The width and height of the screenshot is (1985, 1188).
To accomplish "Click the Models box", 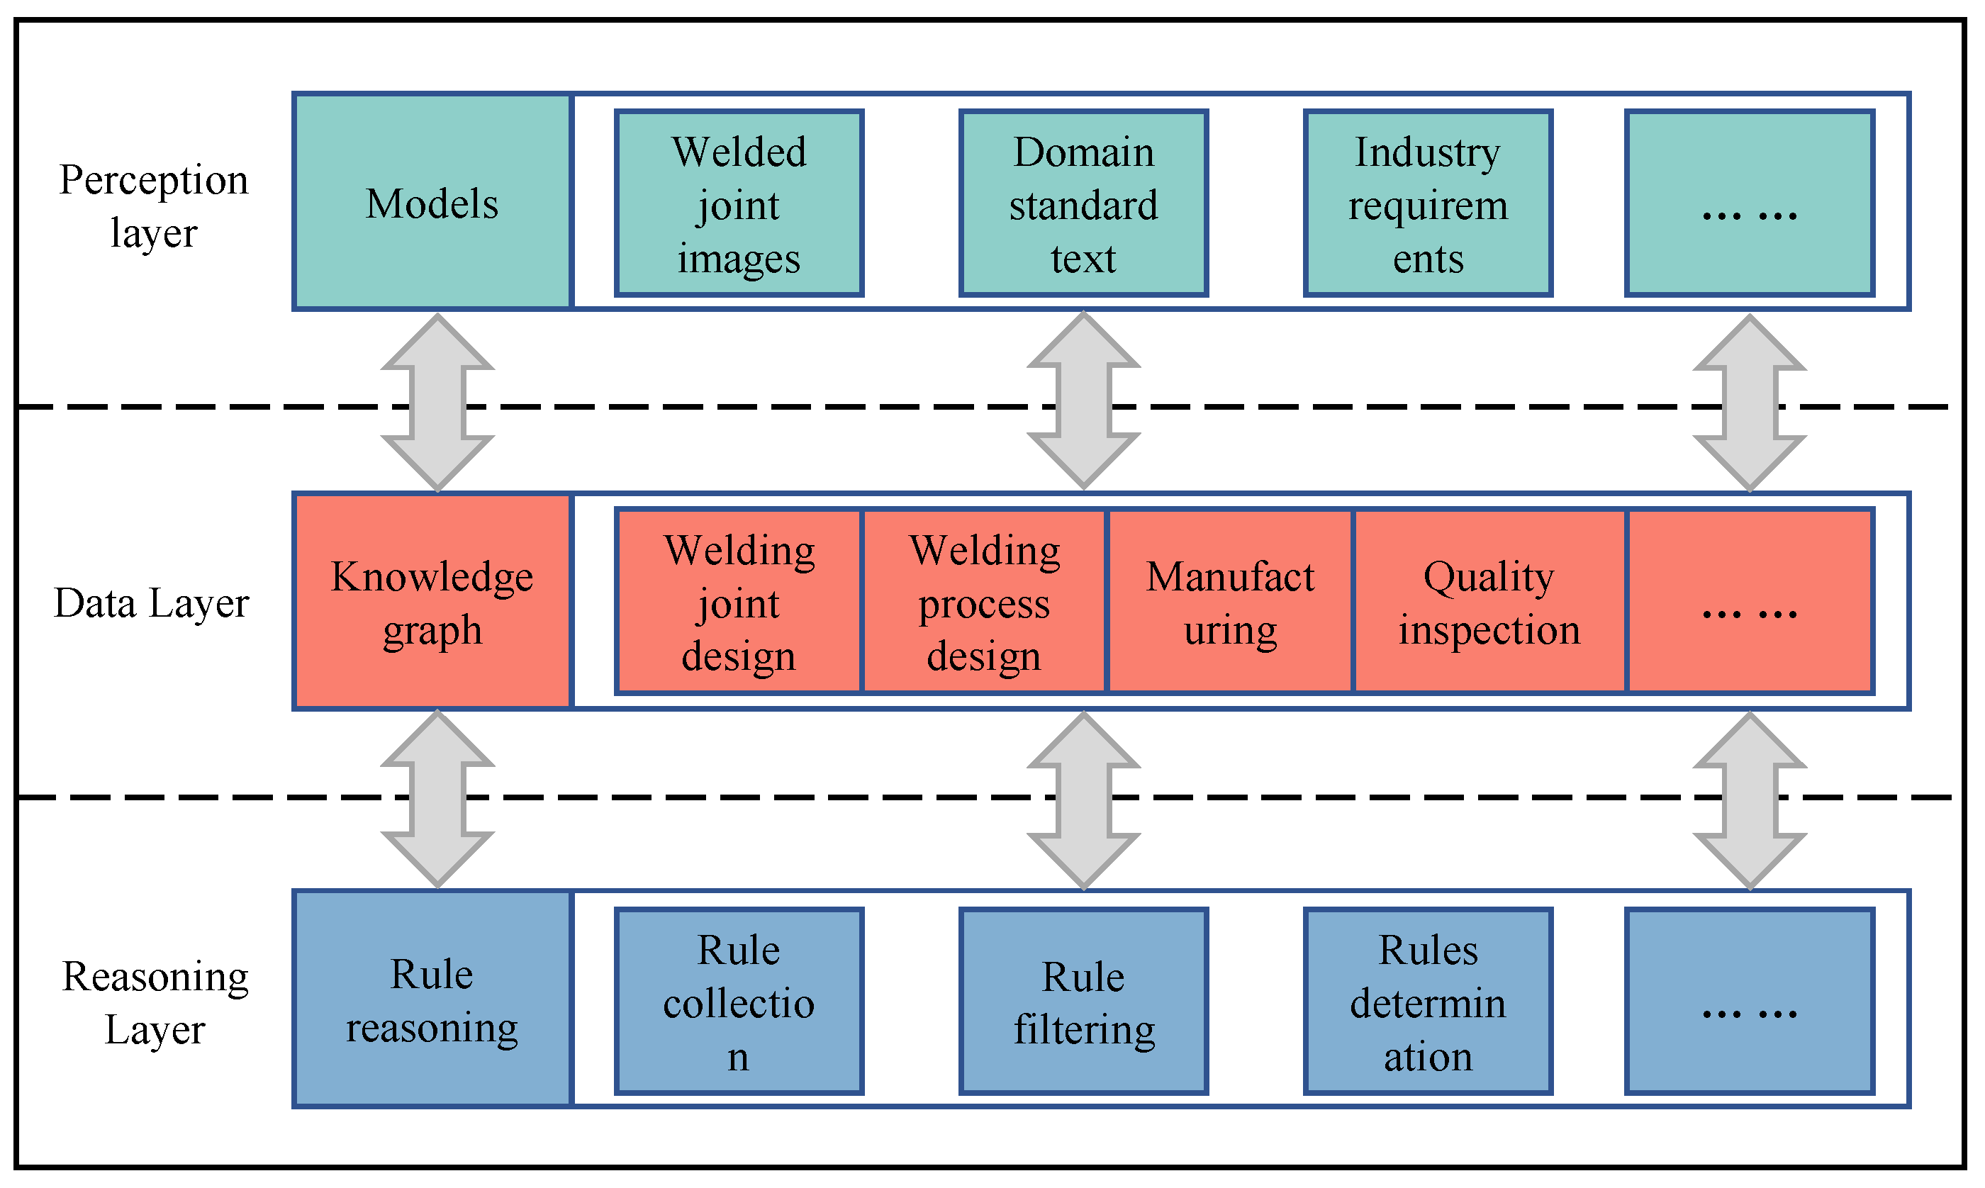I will (x=432, y=202).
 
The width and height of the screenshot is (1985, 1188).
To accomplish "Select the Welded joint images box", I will (x=739, y=203).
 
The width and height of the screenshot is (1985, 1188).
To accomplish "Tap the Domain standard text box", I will (x=1083, y=203).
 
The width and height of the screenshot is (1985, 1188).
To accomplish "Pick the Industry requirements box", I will (x=1428, y=203).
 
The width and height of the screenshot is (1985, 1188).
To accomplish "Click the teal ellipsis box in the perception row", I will (x=1749, y=203).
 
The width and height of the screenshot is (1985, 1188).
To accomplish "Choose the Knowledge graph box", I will (x=432, y=601).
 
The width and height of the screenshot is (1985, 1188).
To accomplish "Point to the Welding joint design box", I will (x=739, y=601).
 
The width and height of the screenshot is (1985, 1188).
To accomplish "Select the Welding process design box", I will (x=984, y=601).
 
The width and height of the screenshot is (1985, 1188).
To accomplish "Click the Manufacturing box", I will (x=1229, y=601).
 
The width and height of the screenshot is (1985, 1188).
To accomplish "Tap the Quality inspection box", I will (x=1489, y=601).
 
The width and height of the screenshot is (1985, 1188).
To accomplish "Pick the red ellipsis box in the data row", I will (x=1749, y=601).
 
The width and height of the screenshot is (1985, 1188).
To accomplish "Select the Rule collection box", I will (x=739, y=1001).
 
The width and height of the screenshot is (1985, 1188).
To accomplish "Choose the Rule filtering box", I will (x=1083, y=1001).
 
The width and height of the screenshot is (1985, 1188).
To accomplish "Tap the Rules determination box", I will (x=1428, y=1001).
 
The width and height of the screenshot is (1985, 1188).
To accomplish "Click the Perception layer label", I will (x=153, y=205).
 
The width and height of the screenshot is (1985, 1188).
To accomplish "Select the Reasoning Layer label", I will (x=155, y=1002).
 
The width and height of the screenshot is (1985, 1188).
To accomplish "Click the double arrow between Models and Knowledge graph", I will (x=437, y=402).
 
